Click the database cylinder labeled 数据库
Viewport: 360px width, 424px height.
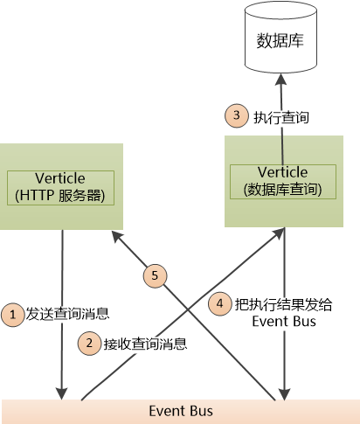280,40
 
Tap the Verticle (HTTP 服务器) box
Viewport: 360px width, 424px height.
60,186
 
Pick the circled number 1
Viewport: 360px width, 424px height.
12,312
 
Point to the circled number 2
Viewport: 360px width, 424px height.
88,344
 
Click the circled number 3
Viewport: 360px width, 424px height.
236,115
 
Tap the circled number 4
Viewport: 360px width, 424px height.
222,304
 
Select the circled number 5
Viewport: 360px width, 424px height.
155,275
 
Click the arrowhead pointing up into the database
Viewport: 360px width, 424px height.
281,78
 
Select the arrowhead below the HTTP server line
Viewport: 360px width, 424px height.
62,390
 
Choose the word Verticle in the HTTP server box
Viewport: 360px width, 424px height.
60,178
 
